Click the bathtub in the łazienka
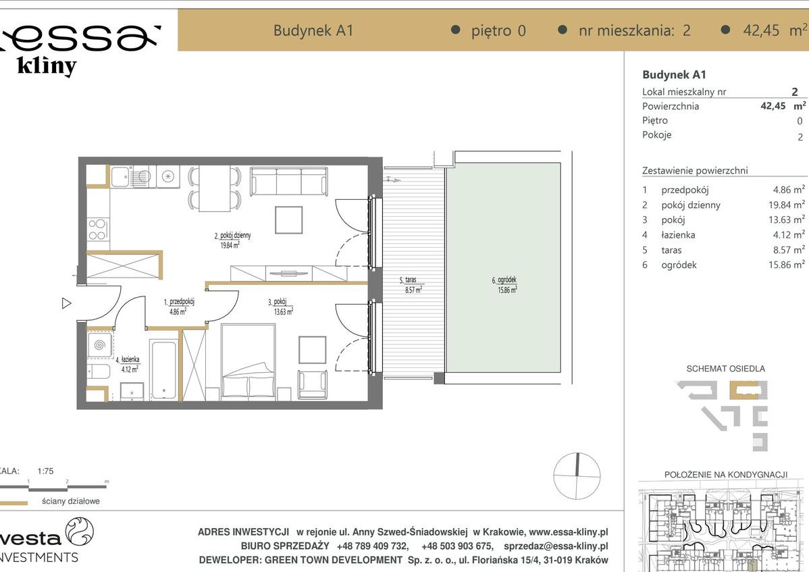[x=163, y=369]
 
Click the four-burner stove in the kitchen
[x=97, y=230]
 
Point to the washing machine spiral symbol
[x=100, y=345]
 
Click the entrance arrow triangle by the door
[x=66, y=303]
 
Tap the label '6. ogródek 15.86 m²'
[x=504, y=285]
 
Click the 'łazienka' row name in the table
[x=678, y=235]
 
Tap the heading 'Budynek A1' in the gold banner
[x=313, y=30]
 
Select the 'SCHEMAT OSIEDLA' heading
[x=725, y=369]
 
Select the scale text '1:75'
[x=46, y=471]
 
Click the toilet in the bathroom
[x=98, y=371]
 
